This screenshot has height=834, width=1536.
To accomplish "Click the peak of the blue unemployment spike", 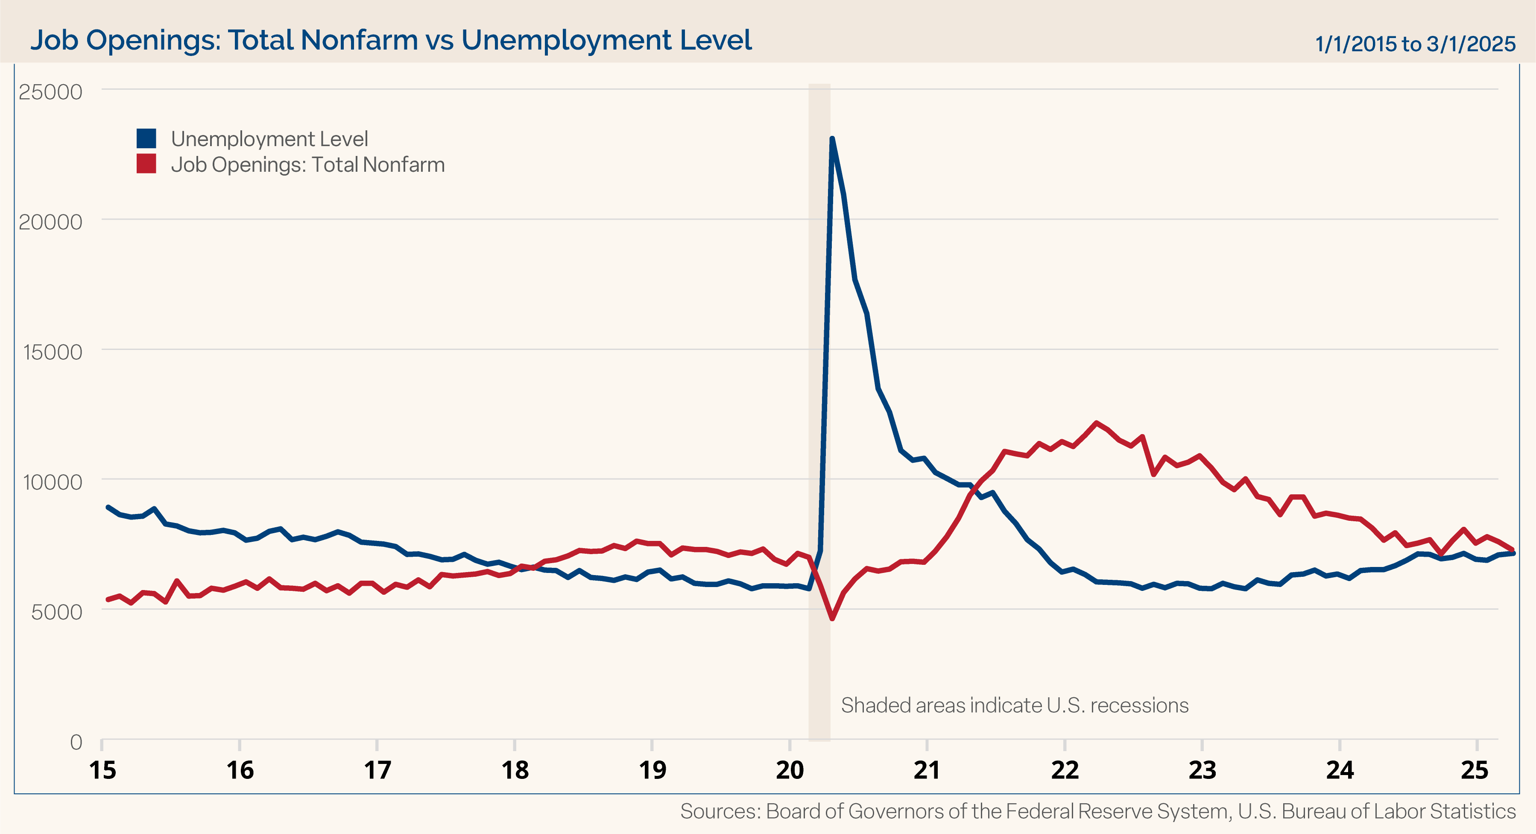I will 832,139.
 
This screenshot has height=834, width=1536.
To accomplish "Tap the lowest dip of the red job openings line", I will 832,619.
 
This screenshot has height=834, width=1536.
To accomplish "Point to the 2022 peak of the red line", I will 1096,423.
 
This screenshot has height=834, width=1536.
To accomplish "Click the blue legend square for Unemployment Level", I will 146,138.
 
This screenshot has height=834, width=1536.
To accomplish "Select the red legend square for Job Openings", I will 146,164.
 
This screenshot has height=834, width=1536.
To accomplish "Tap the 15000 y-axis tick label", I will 53,352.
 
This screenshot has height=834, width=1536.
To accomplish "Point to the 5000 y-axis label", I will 57,612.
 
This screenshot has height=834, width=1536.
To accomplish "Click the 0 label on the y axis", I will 76,742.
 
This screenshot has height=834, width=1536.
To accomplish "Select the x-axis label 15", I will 102,770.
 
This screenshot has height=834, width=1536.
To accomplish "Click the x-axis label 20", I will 790,770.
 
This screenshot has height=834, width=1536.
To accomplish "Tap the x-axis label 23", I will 1202,770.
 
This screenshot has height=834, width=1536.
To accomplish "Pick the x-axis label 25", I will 1475,770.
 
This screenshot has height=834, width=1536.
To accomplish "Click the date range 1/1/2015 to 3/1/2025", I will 1415,44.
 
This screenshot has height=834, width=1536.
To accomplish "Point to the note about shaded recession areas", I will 1014,705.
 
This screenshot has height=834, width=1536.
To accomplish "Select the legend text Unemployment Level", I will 269,139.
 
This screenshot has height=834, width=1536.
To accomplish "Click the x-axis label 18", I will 515,770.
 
